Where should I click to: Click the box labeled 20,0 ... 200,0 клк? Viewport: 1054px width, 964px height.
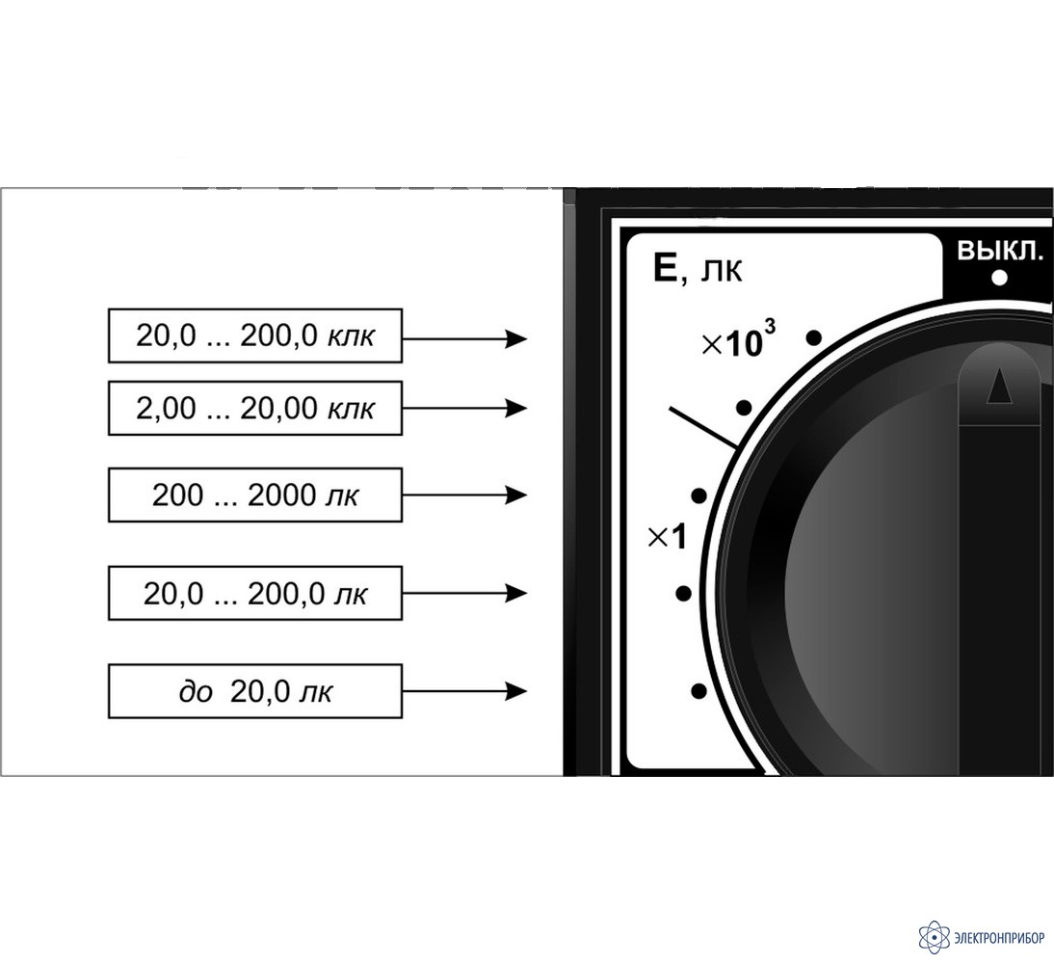click(x=255, y=335)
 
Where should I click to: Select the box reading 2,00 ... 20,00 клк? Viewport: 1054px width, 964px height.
click(x=255, y=408)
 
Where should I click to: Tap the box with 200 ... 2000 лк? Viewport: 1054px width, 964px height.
click(x=255, y=495)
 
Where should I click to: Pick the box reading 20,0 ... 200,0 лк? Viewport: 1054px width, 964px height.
click(x=255, y=593)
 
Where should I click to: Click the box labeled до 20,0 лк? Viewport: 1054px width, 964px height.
click(x=255, y=691)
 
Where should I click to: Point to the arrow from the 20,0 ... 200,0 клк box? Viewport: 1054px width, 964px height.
click(x=464, y=338)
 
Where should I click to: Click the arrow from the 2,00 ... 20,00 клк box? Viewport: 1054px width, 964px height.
click(x=464, y=409)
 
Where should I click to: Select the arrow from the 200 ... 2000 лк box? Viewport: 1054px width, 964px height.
click(x=464, y=495)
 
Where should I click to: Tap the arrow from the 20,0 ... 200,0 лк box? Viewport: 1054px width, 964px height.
click(x=464, y=593)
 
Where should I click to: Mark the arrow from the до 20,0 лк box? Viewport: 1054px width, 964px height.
click(x=464, y=691)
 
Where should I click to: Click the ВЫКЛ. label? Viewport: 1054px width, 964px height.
click(x=999, y=252)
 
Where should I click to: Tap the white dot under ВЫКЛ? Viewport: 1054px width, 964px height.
click(x=999, y=278)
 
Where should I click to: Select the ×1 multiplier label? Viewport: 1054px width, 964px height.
click(x=668, y=538)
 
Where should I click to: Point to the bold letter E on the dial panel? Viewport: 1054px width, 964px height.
click(x=666, y=269)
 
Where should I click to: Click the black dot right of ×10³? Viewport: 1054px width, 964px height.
click(x=814, y=337)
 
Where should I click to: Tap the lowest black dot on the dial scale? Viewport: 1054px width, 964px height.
click(x=699, y=691)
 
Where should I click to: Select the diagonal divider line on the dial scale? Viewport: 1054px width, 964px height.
click(x=703, y=428)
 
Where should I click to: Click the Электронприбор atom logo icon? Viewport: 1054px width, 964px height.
click(x=934, y=936)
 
